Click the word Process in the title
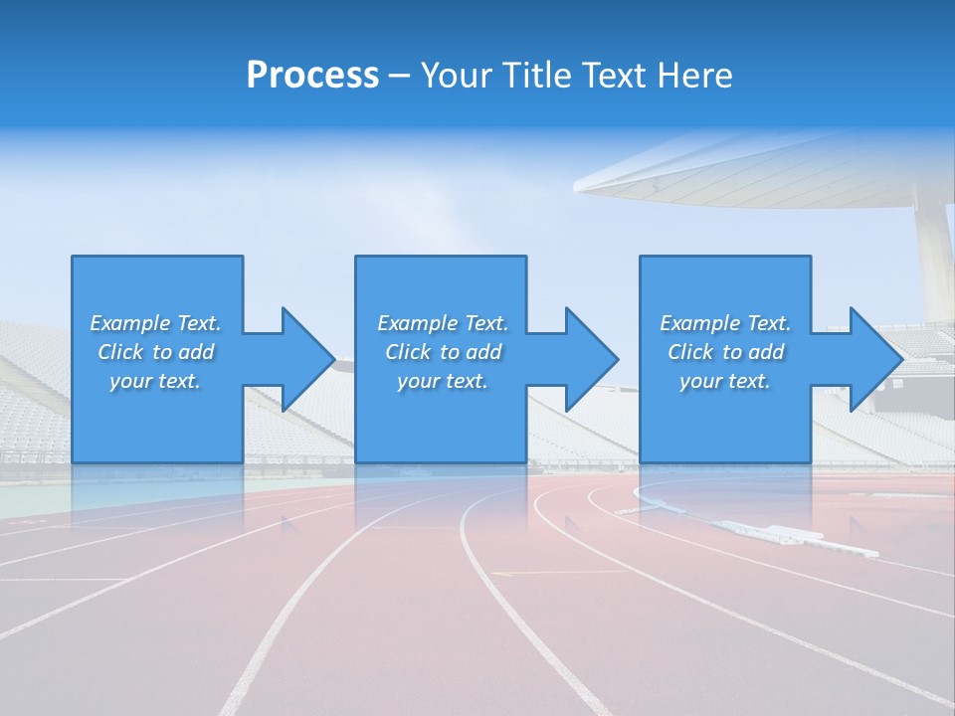(312, 76)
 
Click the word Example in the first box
(130, 323)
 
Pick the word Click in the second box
(407, 352)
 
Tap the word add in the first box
(197, 352)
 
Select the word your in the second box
(416, 381)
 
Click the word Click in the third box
(689, 352)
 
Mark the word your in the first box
(128, 381)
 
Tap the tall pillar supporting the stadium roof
(934, 259)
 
